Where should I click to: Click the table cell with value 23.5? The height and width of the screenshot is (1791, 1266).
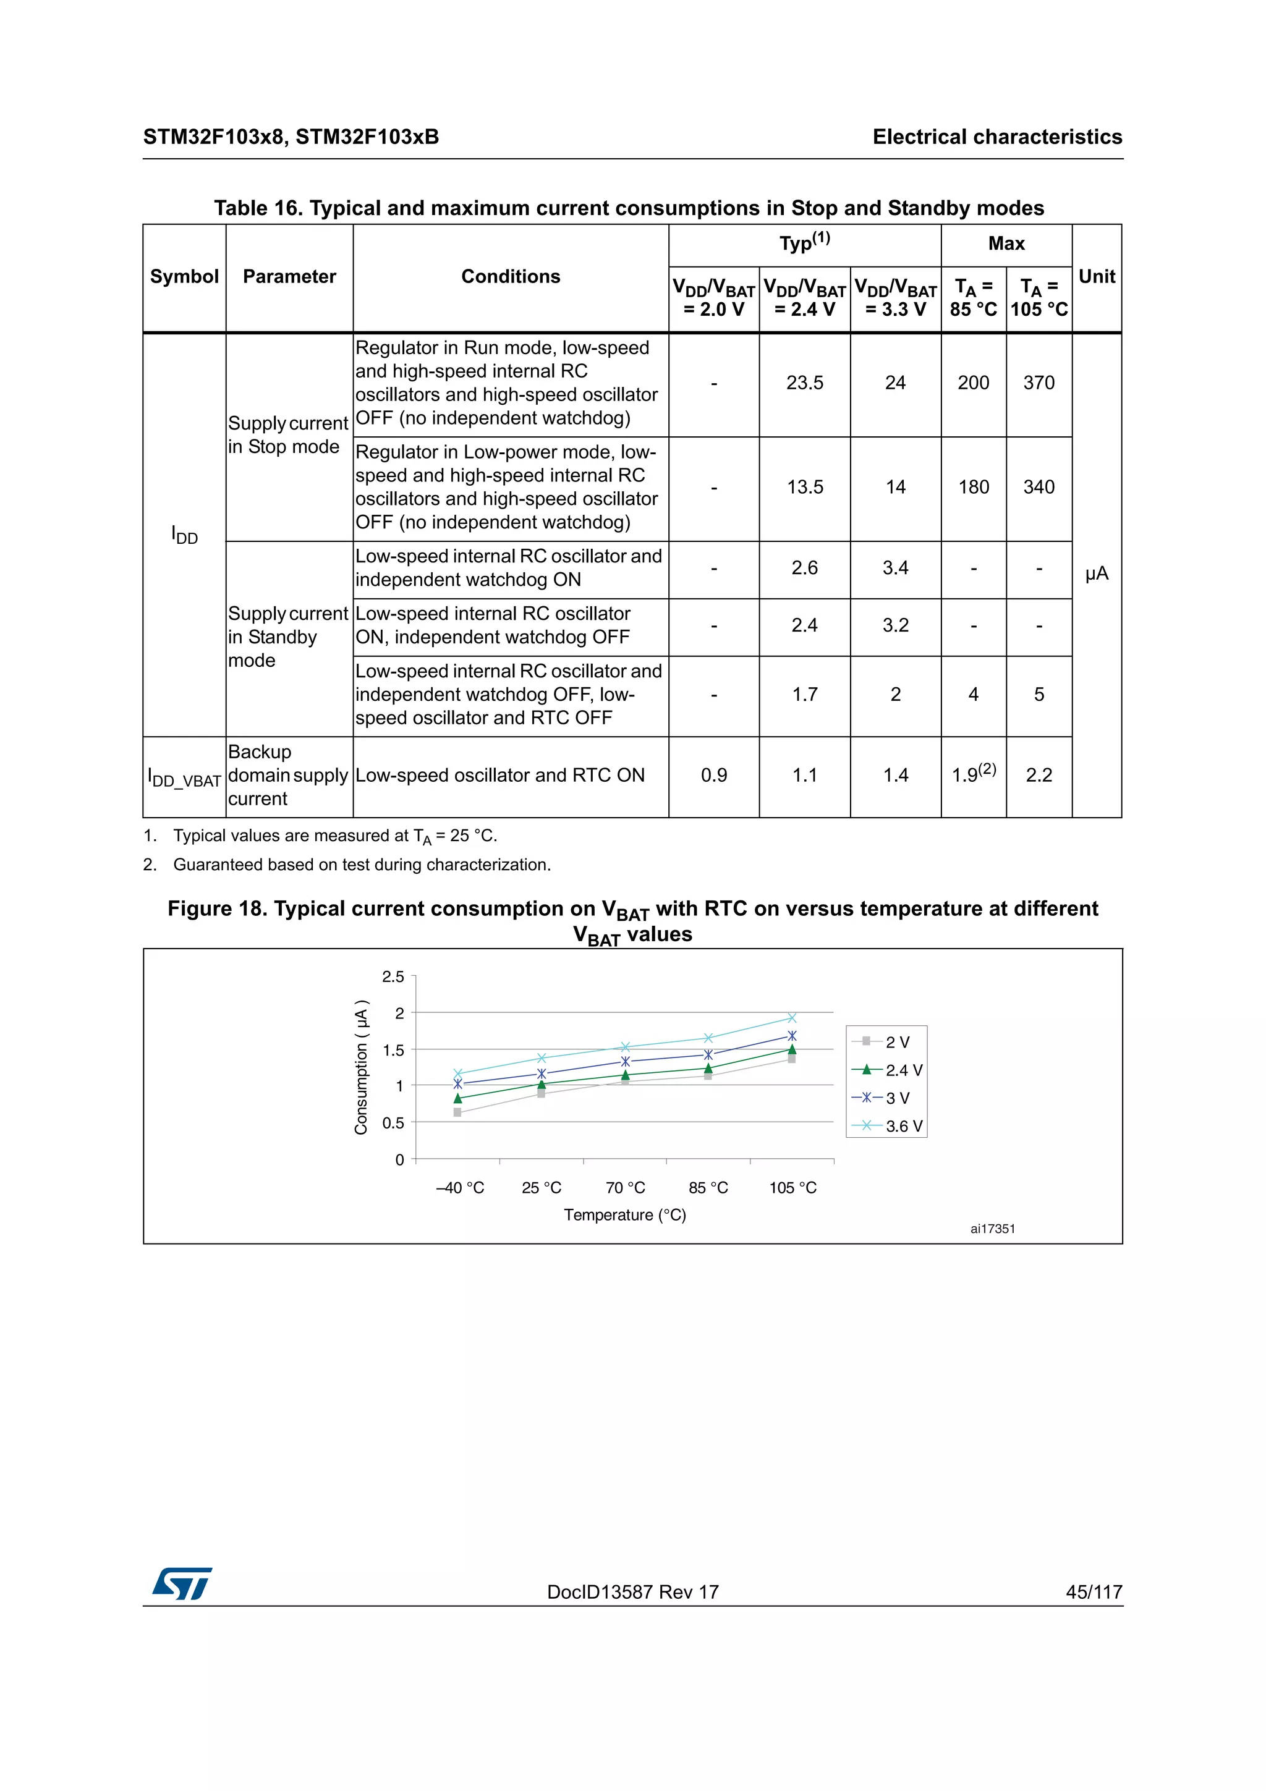point(804,383)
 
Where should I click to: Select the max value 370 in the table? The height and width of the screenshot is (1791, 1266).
point(1039,383)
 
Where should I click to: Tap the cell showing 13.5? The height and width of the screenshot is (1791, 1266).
point(804,488)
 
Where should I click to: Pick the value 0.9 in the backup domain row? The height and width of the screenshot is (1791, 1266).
point(714,776)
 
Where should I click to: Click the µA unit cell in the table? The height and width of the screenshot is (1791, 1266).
point(1096,574)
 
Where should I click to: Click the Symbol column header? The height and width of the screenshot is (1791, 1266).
point(184,277)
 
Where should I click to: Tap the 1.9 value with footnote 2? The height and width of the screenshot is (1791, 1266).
point(973,774)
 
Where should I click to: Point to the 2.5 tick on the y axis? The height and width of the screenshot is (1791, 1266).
point(393,976)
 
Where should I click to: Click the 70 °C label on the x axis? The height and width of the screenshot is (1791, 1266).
point(625,1188)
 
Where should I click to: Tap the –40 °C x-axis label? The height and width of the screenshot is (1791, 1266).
point(459,1188)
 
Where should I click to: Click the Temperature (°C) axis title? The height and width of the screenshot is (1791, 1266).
point(625,1215)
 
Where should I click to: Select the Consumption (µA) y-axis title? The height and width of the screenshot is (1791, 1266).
point(360,1067)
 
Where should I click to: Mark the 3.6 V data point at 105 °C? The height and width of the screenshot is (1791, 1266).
point(792,1018)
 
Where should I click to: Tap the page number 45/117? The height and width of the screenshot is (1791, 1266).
point(1094,1592)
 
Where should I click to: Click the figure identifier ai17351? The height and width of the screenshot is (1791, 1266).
point(992,1229)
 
